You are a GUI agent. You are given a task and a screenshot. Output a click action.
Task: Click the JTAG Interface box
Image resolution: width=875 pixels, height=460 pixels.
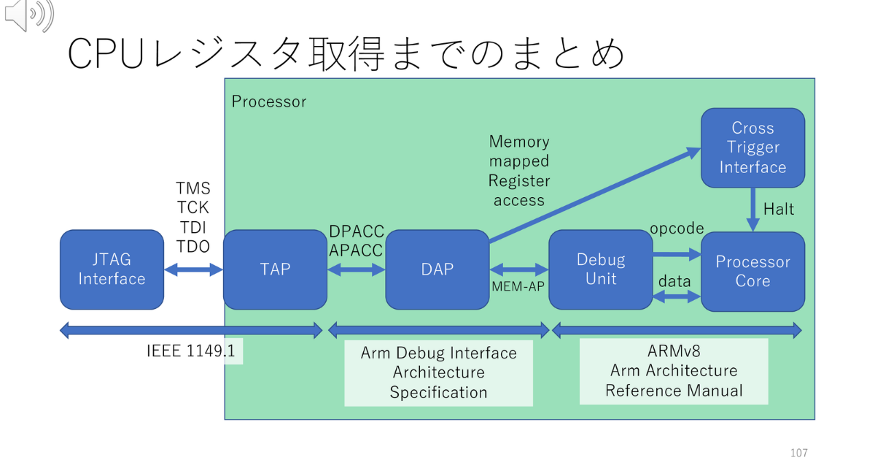[x=112, y=269]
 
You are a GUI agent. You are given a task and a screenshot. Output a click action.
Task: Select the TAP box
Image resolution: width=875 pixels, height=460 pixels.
[x=275, y=269]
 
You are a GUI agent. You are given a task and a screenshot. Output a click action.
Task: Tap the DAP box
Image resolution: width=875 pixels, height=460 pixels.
[x=437, y=269]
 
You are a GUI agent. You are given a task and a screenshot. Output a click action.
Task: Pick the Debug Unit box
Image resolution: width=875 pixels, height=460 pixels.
[x=601, y=269]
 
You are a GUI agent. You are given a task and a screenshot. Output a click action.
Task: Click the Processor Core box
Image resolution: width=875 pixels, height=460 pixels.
[x=752, y=271]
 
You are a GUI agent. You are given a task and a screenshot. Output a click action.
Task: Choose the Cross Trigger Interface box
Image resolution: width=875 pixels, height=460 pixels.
[x=752, y=147]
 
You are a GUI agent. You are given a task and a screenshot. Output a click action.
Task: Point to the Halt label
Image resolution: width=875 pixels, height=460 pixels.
[x=778, y=210]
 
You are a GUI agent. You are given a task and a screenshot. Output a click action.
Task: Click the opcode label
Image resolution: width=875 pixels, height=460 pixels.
[x=677, y=229]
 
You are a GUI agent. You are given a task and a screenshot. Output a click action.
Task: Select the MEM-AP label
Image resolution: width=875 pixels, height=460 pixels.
[x=518, y=286]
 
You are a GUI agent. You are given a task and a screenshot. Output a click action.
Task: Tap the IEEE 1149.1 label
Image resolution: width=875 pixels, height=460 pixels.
[x=191, y=351]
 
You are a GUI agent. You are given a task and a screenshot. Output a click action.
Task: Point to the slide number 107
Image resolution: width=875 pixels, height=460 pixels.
[x=798, y=453]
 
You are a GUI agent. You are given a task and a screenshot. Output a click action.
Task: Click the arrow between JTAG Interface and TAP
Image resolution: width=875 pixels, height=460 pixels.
[x=193, y=270]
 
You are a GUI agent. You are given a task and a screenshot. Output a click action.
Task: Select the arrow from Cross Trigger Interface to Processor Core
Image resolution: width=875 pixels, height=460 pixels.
[x=752, y=209]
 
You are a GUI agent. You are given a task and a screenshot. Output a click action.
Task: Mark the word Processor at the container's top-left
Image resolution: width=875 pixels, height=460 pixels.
[x=269, y=101]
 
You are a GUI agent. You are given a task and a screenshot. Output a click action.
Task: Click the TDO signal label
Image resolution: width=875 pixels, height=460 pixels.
[x=192, y=247]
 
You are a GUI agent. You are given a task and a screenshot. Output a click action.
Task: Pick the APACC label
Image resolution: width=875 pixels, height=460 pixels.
[x=356, y=250]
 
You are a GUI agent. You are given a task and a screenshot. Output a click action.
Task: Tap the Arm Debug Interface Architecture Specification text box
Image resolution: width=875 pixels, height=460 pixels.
[x=438, y=372]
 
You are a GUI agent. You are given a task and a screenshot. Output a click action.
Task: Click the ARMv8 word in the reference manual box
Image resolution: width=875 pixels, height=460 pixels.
[x=674, y=350]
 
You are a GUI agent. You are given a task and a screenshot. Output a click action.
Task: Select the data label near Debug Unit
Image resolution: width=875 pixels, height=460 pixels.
[x=674, y=281]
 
